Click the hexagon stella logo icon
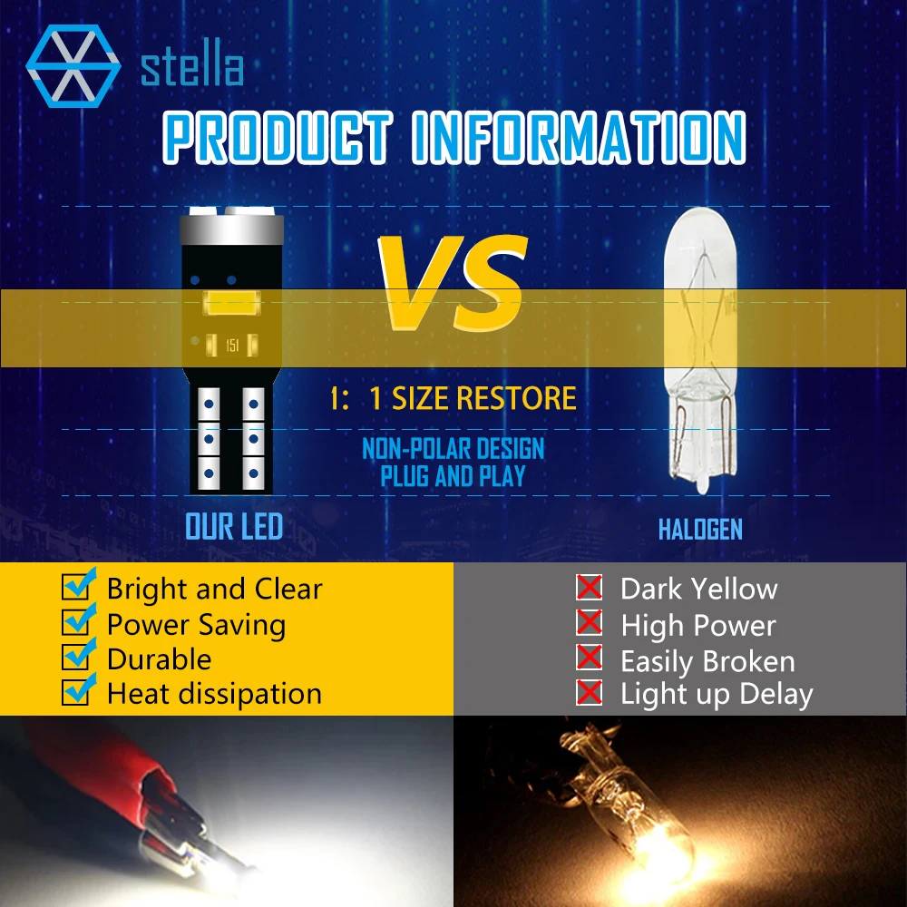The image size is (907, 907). point(73,66)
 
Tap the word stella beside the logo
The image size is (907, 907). point(192,68)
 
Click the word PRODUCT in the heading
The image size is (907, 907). point(278,138)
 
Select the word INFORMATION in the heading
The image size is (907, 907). point(580,138)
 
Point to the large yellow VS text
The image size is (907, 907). point(453,283)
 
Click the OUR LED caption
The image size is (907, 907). point(234,527)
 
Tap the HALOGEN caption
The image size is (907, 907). point(700,530)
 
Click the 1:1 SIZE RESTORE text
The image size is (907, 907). point(453,398)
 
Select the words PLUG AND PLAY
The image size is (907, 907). point(453,476)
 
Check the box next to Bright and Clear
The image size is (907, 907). point(77,585)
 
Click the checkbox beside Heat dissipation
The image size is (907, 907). point(77,690)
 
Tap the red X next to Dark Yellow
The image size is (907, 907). point(589,587)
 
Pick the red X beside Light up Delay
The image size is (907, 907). point(589,692)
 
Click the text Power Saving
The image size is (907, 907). point(196,625)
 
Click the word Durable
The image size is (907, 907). point(159,659)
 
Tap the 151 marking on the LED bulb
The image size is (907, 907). point(232,346)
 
